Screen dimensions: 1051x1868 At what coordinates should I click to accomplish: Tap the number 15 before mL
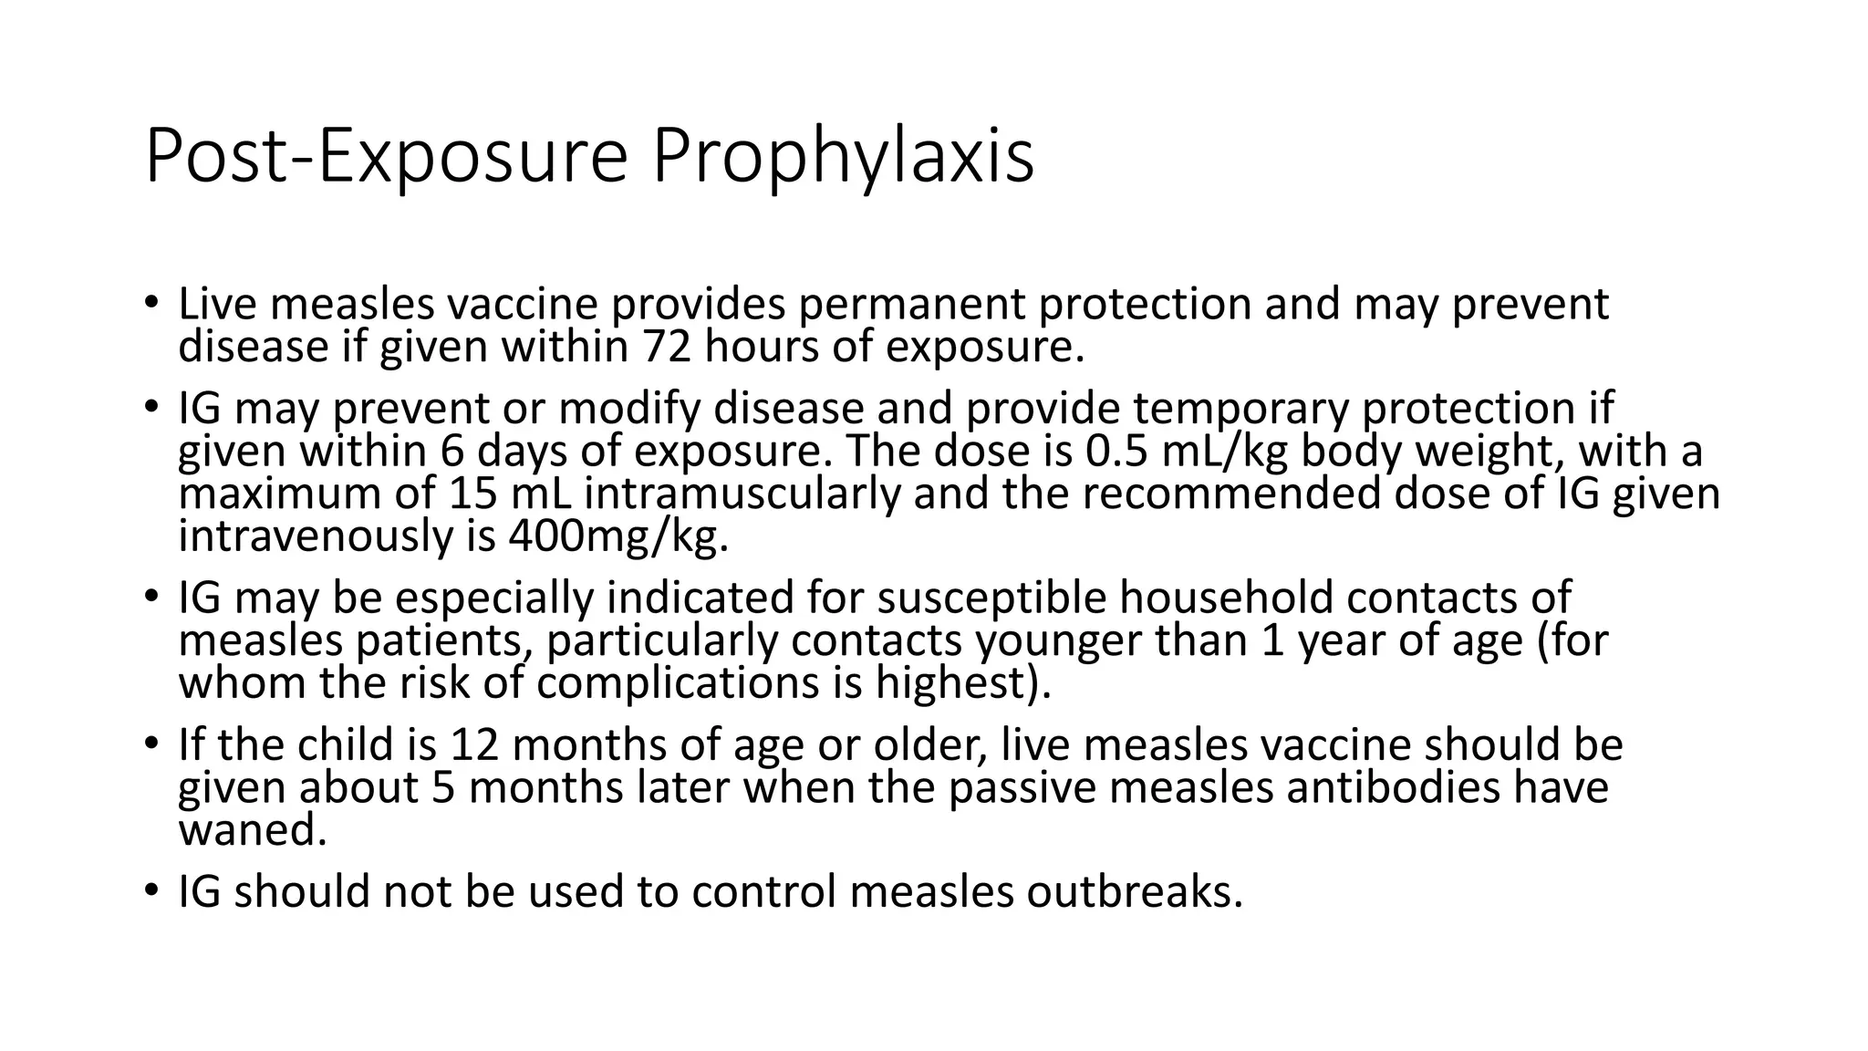(x=473, y=494)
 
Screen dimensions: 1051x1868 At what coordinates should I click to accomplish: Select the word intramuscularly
(x=742, y=494)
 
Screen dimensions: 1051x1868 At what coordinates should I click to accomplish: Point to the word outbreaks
(x=1134, y=891)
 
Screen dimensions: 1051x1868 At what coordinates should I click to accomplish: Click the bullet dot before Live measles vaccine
(x=151, y=304)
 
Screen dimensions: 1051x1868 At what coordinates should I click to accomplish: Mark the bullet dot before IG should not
(x=151, y=891)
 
